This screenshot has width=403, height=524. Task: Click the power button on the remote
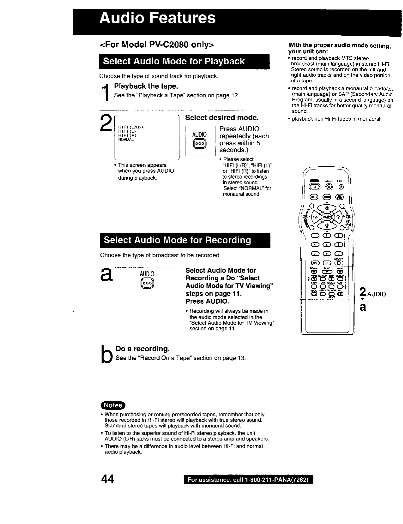pos(314,187)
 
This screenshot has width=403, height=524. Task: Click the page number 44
pos(108,479)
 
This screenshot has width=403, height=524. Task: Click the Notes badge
pos(113,405)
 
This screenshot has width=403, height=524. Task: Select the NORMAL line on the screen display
pos(126,140)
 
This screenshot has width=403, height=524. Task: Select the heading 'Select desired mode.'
pos(221,118)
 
